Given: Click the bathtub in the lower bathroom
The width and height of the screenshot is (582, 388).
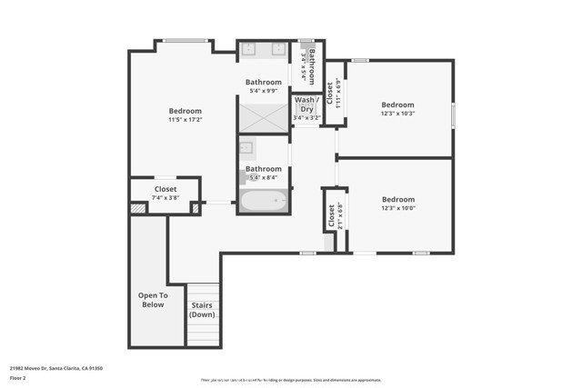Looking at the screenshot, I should coord(264,200).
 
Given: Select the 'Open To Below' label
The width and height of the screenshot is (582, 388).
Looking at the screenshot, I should coord(153,300).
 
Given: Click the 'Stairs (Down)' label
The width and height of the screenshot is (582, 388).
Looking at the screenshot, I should coord(202,310).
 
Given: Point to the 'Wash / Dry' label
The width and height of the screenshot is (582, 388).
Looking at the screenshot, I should coord(306,104).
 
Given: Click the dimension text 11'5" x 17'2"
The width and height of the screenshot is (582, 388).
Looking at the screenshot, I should coord(185,119).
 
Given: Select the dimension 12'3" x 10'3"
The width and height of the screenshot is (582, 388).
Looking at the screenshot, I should coord(397,114).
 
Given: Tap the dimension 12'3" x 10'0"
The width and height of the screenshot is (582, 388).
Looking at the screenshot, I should coord(397,209).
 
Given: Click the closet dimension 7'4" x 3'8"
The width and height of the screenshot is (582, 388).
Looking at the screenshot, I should coord(166,197).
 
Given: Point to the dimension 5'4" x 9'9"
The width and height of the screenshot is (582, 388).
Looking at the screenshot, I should coord(264,92).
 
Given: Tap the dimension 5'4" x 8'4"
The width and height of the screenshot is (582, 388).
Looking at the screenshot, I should coord(264,178).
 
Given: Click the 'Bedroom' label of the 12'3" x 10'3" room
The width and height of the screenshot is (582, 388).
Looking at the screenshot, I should coord(397,104).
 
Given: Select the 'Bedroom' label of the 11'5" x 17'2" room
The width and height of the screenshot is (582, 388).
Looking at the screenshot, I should coord(185,110).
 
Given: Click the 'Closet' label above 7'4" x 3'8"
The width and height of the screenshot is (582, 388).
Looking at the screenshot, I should coord(166,189).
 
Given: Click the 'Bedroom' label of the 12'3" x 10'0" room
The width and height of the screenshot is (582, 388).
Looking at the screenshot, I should coord(397,200).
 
